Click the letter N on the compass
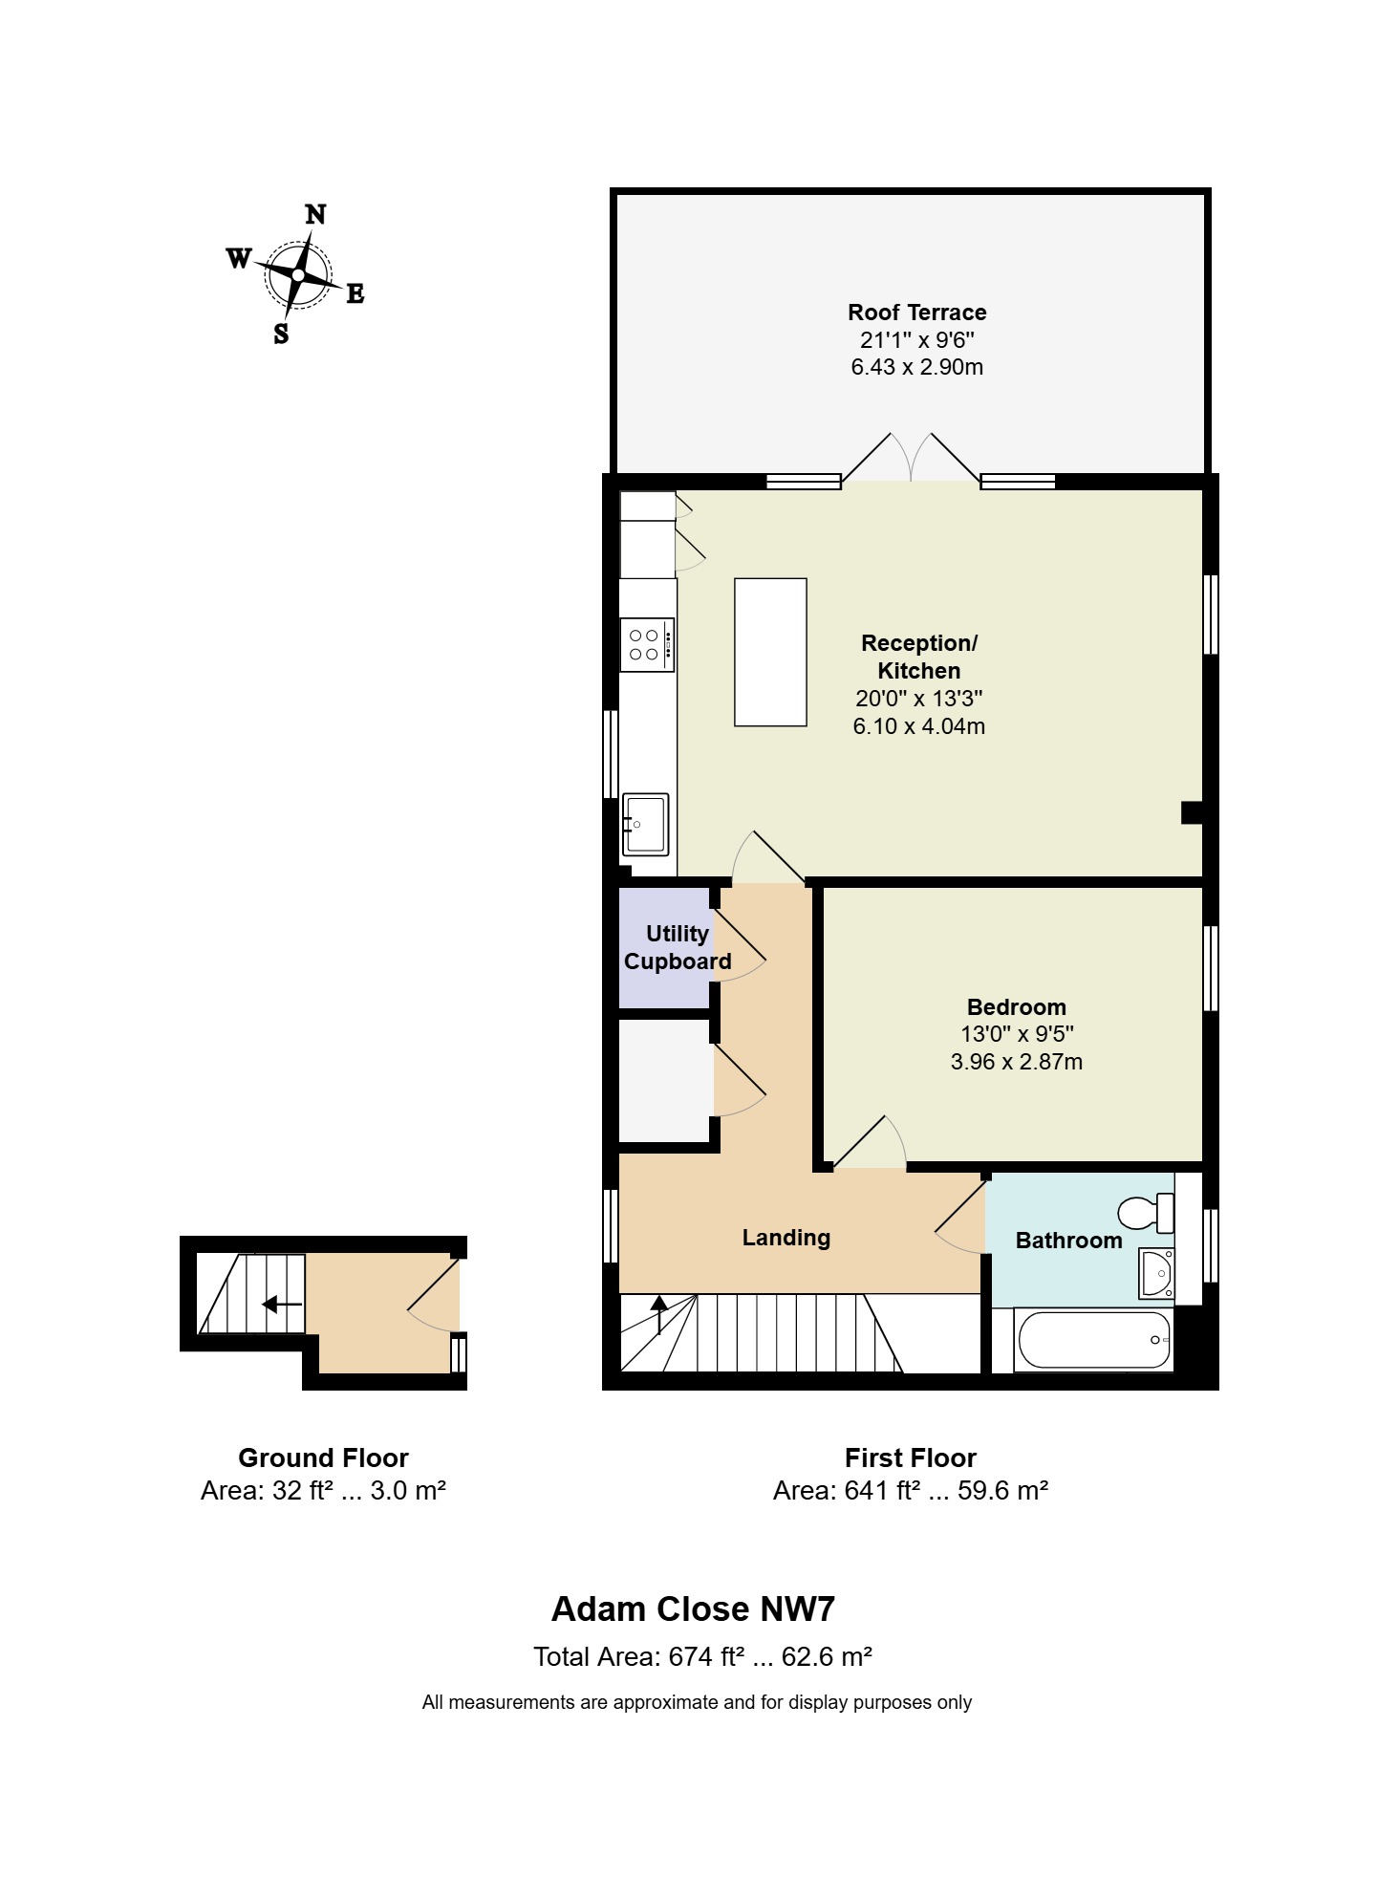[315, 215]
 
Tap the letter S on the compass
[281, 334]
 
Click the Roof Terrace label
[916, 313]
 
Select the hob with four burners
[646, 645]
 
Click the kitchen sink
[645, 824]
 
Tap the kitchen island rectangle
[770, 653]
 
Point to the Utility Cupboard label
[677, 947]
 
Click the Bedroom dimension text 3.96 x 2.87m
[1016, 1062]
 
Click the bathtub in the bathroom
[1095, 1340]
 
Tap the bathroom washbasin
[1156, 1272]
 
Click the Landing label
[786, 1238]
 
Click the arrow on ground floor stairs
[282, 1304]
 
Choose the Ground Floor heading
[323, 1457]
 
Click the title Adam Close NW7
[693, 1609]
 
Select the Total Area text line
[701, 1656]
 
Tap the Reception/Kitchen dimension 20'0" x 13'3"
[918, 699]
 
